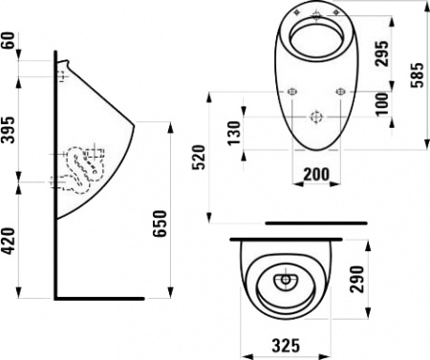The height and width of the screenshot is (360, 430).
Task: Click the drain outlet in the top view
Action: click(x=287, y=282)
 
